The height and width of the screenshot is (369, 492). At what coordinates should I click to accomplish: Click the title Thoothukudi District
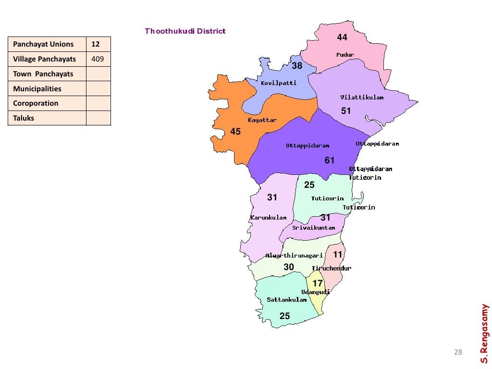coord(185,31)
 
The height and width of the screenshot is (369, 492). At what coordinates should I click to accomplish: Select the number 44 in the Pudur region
coord(342,37)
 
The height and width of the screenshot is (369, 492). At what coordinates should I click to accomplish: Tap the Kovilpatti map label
coord(279,83)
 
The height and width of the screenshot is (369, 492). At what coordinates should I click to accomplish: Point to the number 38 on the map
coord(297,66)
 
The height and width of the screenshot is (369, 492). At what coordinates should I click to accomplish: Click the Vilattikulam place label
coord(362,98)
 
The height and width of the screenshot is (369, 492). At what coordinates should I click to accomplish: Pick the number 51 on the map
coord(346,111)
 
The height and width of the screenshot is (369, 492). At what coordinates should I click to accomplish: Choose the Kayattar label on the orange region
coord(262,120)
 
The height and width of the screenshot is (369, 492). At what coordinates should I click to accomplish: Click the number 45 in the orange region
coord(235,131)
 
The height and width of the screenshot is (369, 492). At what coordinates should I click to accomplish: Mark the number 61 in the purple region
coord(330,160)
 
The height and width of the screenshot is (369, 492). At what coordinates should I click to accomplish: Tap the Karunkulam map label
coord(269,218)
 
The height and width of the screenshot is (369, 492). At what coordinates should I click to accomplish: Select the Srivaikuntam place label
coord(314,228)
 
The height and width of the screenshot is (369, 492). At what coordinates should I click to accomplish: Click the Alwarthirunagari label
coord(294,256)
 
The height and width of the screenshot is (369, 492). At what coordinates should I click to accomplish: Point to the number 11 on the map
coord(338,255)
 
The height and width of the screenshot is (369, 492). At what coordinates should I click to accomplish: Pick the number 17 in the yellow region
coord(318,283)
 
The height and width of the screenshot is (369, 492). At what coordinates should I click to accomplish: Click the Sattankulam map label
coord(287,300)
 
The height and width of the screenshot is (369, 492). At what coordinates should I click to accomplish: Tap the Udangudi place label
coord(316,292)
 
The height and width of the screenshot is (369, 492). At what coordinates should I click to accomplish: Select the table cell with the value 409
coord(98,59)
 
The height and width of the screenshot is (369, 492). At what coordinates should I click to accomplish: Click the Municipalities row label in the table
coord(37,89)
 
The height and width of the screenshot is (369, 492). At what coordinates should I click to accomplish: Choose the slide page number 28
coord(458,353)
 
